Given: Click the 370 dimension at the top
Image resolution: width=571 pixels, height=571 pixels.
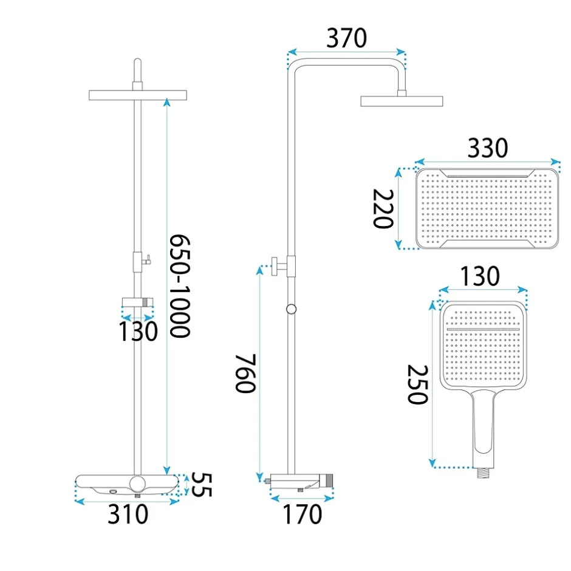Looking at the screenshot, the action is pyautogui.click(x=346, y=38).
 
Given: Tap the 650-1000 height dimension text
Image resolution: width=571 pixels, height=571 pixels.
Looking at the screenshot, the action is pyautogui.click(x=180, y=286).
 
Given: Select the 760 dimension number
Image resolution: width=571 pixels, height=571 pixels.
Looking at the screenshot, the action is pyautogui.click(x=246, y=373).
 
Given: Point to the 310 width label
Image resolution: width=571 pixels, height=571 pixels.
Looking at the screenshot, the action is pyautogui.click(x=128, y=514).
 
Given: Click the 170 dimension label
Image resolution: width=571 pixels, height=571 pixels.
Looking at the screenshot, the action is pyautogui.click(x=303, y=514).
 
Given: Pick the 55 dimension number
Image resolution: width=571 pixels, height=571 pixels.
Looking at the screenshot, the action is pyautogui.click(x=201, y=485).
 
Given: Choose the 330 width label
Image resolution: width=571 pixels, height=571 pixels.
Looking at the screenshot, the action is pyautogui.click(x=488, y=148).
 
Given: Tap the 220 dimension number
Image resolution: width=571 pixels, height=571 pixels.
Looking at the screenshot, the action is pyautogui.click(x=383, y=209).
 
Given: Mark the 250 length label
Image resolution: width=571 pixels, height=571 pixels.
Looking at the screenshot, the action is pyautogui.click(x=417, y=385).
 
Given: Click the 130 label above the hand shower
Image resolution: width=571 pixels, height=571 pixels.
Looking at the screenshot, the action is pyautogui.click(x=480, y=276).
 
